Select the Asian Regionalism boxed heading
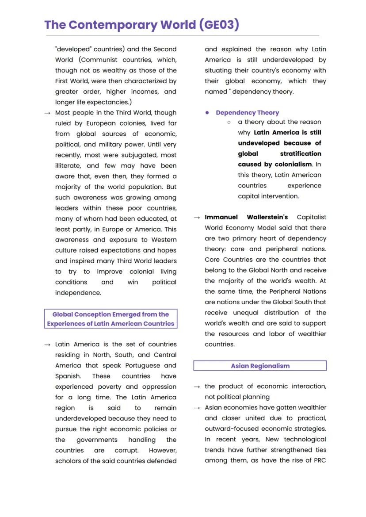(260, 366)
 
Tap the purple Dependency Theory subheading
(247, 113)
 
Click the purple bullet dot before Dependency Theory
(207, 113)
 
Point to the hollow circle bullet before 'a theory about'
(229, 122)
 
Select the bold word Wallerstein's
(267, 217)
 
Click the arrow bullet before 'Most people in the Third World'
(47, 113)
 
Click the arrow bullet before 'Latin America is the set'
(47, 345)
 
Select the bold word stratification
(301, 153)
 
